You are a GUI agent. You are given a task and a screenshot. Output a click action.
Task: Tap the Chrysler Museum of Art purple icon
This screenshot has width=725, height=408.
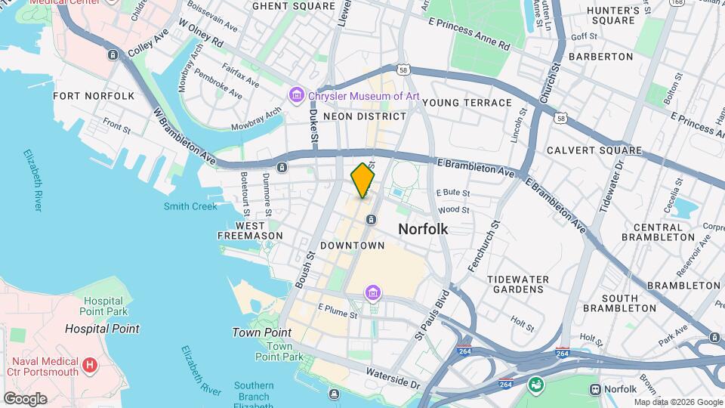click(295, 94)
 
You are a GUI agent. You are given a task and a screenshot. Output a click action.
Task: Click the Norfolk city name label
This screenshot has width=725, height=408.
click(423, 228)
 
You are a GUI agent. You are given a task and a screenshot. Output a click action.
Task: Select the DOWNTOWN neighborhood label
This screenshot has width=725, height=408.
click(352, 246)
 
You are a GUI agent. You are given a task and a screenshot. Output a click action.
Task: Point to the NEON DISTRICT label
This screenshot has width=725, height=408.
click(364, 116)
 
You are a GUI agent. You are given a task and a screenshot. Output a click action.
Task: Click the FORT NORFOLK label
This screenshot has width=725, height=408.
click(94, 96)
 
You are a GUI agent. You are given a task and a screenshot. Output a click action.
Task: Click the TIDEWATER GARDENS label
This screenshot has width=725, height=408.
click(518, 285)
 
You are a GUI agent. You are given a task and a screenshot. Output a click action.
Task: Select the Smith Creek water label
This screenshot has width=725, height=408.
click(190, 206)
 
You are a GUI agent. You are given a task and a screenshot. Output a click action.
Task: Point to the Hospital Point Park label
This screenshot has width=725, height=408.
click(103, 306)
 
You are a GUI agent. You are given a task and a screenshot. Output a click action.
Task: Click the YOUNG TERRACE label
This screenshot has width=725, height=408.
click(467, 103)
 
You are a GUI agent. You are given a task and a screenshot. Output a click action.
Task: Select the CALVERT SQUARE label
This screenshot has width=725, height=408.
click(594, 150)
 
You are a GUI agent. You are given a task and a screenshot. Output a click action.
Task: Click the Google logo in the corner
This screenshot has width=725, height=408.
click(24, 398)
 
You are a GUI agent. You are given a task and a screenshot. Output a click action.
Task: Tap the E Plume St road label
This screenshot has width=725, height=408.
click(337, 308)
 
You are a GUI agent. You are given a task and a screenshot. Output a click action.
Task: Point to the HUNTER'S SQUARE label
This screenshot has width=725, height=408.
click(613, 16)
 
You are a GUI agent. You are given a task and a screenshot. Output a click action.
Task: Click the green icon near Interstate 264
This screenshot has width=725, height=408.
click(536, 385)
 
